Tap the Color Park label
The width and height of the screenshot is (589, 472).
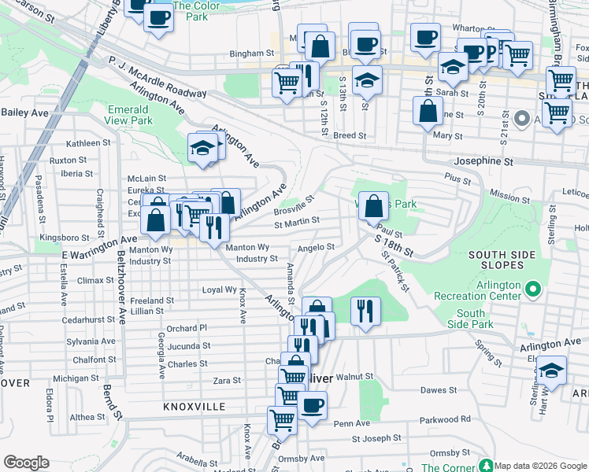[190, 10]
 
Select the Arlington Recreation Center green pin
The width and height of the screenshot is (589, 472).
[533, 289]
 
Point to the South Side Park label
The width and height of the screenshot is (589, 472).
[471, 319]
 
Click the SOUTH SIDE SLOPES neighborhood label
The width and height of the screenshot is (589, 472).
[502, 261]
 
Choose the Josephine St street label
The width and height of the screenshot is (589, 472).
[481, 161]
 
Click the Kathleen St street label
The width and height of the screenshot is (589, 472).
[88, 143]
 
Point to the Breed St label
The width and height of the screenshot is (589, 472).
[350, 135]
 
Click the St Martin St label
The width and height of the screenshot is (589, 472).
[296, 223]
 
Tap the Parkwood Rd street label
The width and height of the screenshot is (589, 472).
[445, 419]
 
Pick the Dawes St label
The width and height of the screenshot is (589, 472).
[439, 390]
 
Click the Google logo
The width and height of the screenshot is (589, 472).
[26, 463]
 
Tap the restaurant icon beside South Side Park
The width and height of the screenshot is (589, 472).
[365, 310]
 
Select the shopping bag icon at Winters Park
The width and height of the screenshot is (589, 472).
[374, 207]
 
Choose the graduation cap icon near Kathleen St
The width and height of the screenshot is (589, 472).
[202, 147]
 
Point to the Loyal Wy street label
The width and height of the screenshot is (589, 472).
[220, 289]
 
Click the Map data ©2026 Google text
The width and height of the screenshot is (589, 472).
[539, 466]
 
